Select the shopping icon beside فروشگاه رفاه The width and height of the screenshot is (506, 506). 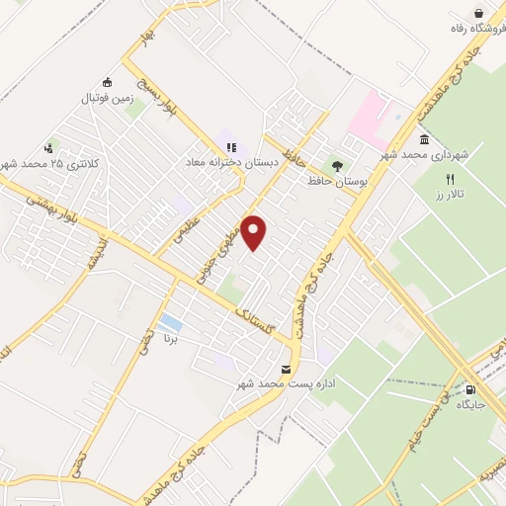coord(478,12)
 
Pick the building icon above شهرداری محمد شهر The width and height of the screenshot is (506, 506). coord(424,139)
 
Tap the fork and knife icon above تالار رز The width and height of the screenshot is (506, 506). coord(450,180)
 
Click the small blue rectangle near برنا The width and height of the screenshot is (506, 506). coord(170,323)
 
